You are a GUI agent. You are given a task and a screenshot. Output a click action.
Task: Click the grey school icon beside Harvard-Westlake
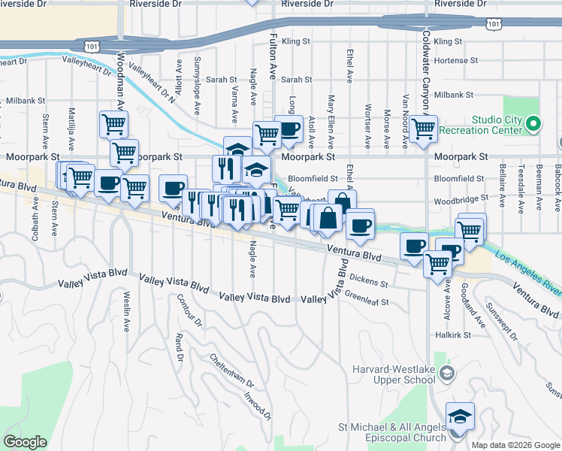[x=447, y=374]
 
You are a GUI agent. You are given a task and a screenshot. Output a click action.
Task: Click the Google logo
[x=25, y=442]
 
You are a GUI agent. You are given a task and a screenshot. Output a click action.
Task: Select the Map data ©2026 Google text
[x=515, y=445]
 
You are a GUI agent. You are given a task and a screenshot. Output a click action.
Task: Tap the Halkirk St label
[x=451, y=334]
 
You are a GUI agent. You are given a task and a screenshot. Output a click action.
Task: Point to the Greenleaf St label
[x=367, y=302]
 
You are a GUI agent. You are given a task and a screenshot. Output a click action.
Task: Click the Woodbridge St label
[x=461, y=198]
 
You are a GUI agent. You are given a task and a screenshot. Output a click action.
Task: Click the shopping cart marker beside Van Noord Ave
[x=424, y=128]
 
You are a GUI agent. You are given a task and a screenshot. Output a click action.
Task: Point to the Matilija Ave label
[x=73, y=128]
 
